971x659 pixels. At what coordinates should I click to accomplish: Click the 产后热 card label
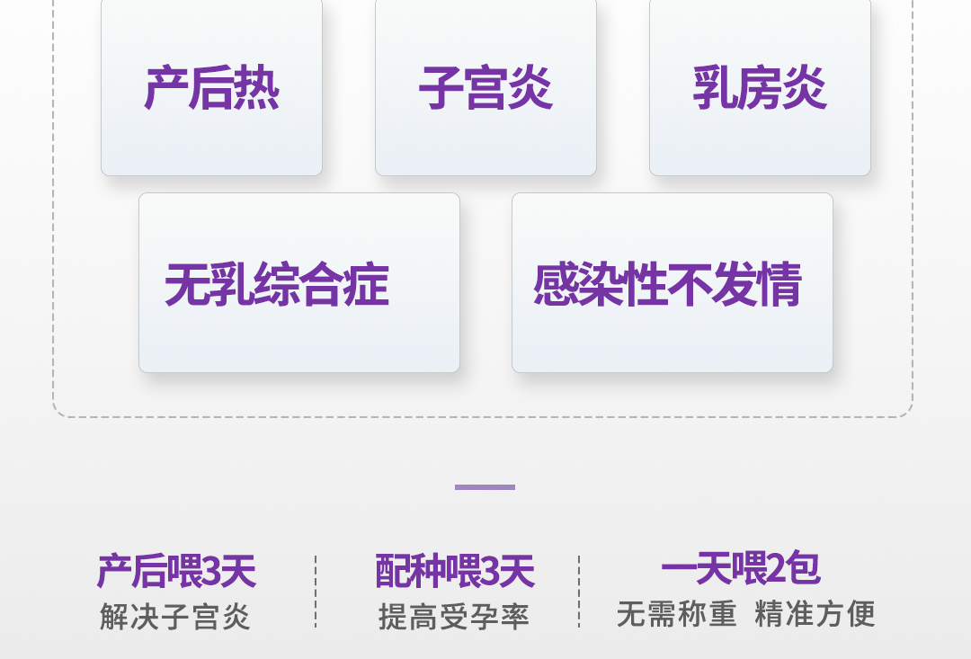[212, 88]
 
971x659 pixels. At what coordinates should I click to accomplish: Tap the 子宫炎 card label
[485, 88]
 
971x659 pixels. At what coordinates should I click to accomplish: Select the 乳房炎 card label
[760, 88]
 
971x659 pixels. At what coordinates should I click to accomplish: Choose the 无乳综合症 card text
[277, 285]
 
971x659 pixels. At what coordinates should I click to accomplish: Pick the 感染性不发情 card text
[667, 285]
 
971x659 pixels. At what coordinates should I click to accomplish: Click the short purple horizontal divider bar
[485, 487]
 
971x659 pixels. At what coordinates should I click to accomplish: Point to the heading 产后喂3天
[176, 571]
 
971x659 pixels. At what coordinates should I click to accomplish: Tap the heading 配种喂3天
[454, 571]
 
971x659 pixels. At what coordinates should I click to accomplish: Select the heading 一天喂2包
[740, 568]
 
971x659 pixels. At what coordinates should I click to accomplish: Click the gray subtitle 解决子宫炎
[175, 617]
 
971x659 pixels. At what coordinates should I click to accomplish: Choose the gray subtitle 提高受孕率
[454, 617]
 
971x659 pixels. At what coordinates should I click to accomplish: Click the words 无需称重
[677, 614]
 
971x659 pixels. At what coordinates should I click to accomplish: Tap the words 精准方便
[815, 614]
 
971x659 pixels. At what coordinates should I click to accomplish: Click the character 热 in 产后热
[257, 88]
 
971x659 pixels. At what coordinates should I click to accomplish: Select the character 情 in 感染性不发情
[779, 285]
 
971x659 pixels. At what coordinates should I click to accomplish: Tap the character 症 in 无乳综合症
[367, 285]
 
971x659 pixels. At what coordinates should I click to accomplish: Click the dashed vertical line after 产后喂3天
[316, 591]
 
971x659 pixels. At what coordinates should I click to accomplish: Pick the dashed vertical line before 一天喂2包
[579, 591]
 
